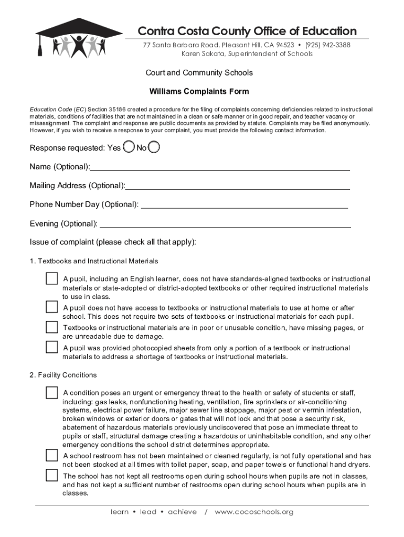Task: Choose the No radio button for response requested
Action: (x=154, y=147)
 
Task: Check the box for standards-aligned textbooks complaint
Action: (x=51, y=278)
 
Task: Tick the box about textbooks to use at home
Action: (x=51, y=307)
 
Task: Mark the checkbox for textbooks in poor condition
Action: (x=51, y=327)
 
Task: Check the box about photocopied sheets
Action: (x=51, y=347)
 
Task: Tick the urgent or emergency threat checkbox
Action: (x=51, y=392)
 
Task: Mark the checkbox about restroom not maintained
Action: (x=51, y=455)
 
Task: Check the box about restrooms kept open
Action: (x=51, y=475)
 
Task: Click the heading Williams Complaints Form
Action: (x=199, y=91)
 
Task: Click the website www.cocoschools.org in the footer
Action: (x=254, y=512)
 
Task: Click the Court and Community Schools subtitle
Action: (x=199, y=72)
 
